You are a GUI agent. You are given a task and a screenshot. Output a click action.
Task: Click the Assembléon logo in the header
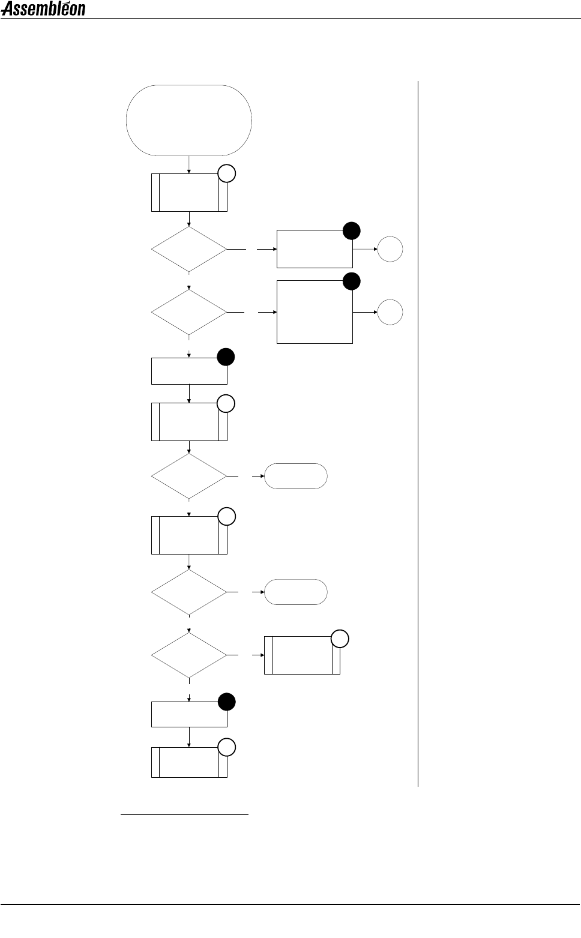(x=43, y=8)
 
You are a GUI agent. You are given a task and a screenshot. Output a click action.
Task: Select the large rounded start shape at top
(x=189, y=120)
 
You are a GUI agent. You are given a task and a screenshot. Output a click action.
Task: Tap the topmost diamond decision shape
(x=189, y=249)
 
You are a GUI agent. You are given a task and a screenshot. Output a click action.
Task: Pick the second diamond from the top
(x=189, y=312)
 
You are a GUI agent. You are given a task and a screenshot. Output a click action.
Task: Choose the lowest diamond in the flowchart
(x=189, y=655)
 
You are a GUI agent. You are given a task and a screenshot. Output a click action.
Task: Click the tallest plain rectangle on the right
(x=315, y=311)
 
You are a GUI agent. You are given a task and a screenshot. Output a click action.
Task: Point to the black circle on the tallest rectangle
(x=352, y=281)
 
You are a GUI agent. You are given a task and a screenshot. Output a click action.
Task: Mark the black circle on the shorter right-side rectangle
(x=352, y=230)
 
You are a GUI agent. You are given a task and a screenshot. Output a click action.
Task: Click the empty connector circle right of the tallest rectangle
(x=390, y=313)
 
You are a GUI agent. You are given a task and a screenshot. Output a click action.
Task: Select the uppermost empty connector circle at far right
(x=390, y=249)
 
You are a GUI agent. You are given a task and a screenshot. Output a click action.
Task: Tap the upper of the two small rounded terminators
(x=296, y=476)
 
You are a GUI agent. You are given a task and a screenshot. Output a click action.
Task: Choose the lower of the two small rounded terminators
(x=296, y=592)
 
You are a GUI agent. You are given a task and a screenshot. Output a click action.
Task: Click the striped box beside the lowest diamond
(x=302, y=655)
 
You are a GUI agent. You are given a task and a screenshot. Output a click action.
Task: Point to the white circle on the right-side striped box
(x=340, y=639)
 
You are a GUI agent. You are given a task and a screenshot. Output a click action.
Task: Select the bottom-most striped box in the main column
(x=189, y=762)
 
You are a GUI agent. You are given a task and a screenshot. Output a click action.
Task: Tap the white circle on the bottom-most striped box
(x=227, y=747)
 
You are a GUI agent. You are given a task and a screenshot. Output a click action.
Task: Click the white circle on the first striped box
(x=227, y=174)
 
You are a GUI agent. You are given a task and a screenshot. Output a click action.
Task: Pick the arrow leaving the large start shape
(x=189, y=164)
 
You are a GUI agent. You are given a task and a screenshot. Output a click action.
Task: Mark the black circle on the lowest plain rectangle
(x=227, y=702)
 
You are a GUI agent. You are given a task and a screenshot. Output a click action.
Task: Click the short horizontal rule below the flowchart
(x=185, y=815)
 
